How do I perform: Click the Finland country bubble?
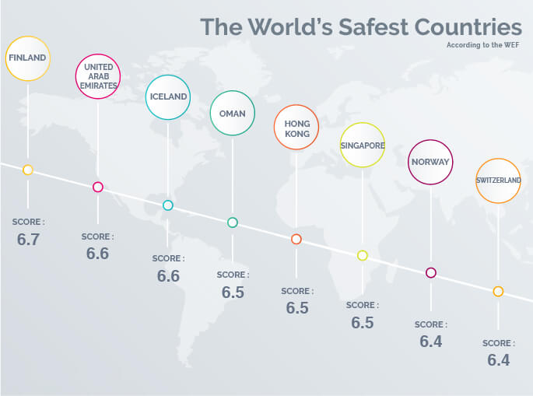[x=28, y=57]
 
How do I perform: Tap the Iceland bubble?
[x=168, y=97]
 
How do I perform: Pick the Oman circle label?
[x=233, y=114]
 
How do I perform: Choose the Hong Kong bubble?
[x=296, y=128]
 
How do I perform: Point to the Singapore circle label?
[x=363, y=145]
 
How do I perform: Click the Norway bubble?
[x=430, y=162]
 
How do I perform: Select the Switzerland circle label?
[x=498, y=181]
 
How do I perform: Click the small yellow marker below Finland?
[x=28, y=170]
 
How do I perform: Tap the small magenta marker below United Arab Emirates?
[x=98, y=187]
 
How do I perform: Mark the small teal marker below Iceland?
[x=168, y=205]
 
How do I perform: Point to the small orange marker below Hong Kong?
[x=296, y=239]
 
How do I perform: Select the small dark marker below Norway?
[x=430, y=273]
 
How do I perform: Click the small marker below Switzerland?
[x=498, y=291]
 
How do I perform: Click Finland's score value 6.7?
[x=28, y=239]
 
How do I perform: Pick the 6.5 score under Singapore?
[x=363, y=322]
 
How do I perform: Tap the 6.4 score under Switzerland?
[x=498, y=360]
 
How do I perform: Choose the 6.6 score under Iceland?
[x=168, y=275]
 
